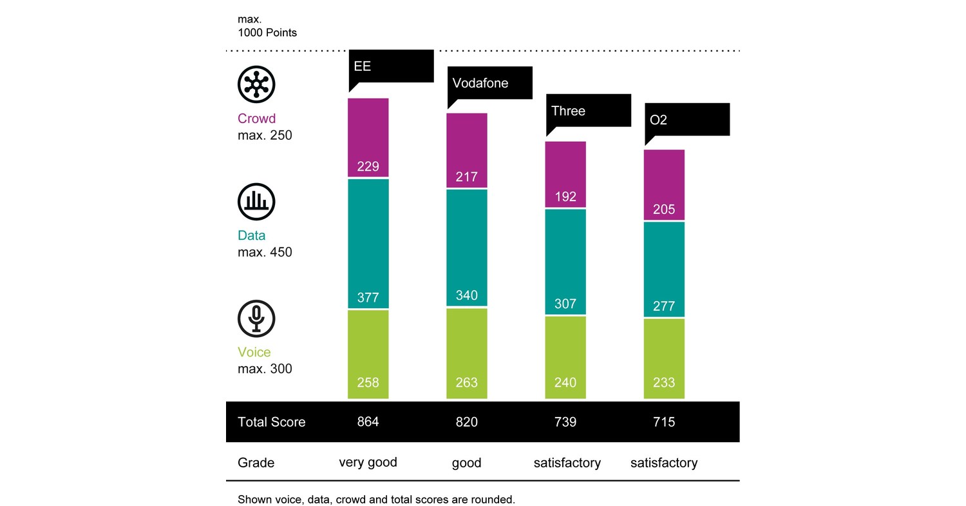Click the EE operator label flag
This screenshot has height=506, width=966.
[x=390, y=66]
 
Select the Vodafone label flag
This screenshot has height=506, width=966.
[x=489, y=83]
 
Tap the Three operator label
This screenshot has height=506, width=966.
[x=588, y=111]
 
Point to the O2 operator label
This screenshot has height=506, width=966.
[x=687, y=120]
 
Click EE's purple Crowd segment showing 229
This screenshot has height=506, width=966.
[x=368, y=137]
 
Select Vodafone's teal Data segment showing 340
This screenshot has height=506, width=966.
[x=466, y=248]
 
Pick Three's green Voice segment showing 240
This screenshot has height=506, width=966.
[x=565, y=357]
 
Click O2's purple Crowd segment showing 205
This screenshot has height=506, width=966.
[x=664, y=185]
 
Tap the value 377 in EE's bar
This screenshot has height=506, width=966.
[x=368, y=298]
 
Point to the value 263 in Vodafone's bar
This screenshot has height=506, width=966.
[x=466, y=383]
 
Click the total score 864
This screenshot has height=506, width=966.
[x=368, y=422]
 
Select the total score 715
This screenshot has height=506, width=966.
[x=664, y=422]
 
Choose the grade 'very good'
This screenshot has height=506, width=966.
[x=368, y=463]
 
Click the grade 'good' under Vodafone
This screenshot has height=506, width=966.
[x=466, y=463]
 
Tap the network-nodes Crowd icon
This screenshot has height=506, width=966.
[x=256, y=84]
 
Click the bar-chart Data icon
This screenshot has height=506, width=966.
[x=256, y=202]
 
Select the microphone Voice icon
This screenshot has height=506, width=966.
[x=256, y=318]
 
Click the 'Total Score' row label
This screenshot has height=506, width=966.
[x=271, y=422]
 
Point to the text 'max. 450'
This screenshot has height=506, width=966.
[x=265, y=252]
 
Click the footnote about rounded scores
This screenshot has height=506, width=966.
[x=376, y=500]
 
